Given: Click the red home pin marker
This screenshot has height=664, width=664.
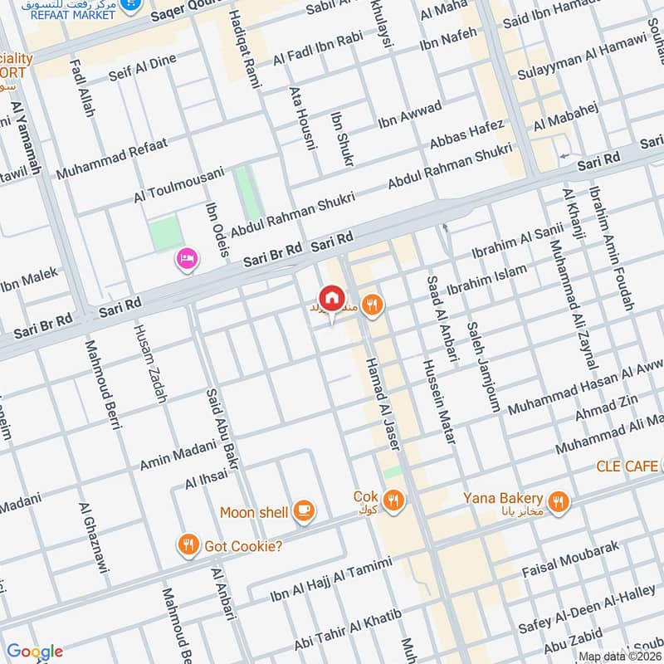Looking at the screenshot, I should coord(331,296).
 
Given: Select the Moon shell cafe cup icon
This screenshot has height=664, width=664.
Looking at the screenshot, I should coord(305,511).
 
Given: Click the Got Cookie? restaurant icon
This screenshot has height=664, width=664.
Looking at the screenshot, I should coord(188,545).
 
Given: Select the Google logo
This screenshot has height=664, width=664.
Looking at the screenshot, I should coord(34,652).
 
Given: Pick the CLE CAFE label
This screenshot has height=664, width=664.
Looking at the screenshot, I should coord(627,466).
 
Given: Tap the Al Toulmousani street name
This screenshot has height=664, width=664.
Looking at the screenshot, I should coord(179,186).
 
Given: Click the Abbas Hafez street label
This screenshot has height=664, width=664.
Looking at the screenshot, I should coord(466,134).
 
